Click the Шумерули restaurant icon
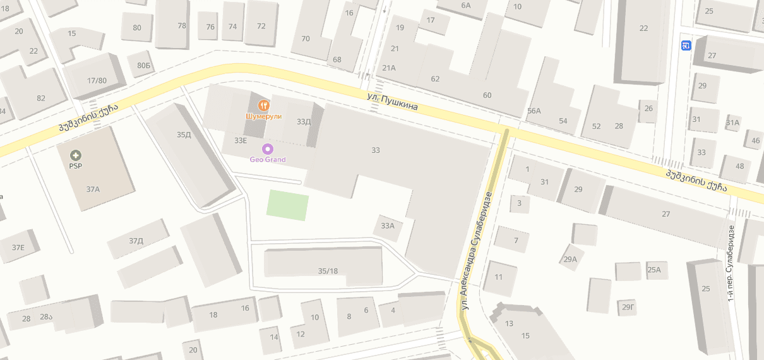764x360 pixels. point(264,105)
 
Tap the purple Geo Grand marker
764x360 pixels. point(268,149)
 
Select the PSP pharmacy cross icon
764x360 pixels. point(76,155)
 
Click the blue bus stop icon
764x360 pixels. point(686,45)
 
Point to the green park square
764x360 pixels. point(287,205)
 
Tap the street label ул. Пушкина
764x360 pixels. point(393,102)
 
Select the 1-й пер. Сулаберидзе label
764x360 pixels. point(731,263)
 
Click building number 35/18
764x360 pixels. point(328,271)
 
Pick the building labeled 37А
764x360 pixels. point(93,189)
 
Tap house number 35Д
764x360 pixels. point(184,135)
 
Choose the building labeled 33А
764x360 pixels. point(388,225)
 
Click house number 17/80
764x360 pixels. point(97,80)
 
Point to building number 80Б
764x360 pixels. point(143,65)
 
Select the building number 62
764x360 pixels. point(435,79)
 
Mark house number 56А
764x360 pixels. point(534,111)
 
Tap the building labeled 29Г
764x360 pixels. point(628,307)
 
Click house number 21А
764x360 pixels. point(388,68)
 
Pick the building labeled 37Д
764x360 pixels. point(136,241)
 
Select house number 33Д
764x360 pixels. point(304,121)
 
